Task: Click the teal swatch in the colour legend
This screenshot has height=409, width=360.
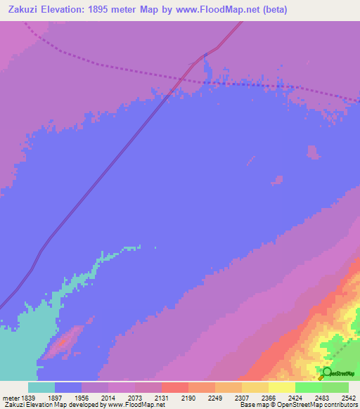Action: point(41,387)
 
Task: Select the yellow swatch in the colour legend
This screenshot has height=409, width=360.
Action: point(281,387)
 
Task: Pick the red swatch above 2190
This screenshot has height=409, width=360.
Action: point(174,387)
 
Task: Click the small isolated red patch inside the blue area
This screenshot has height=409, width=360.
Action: point(61,342)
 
